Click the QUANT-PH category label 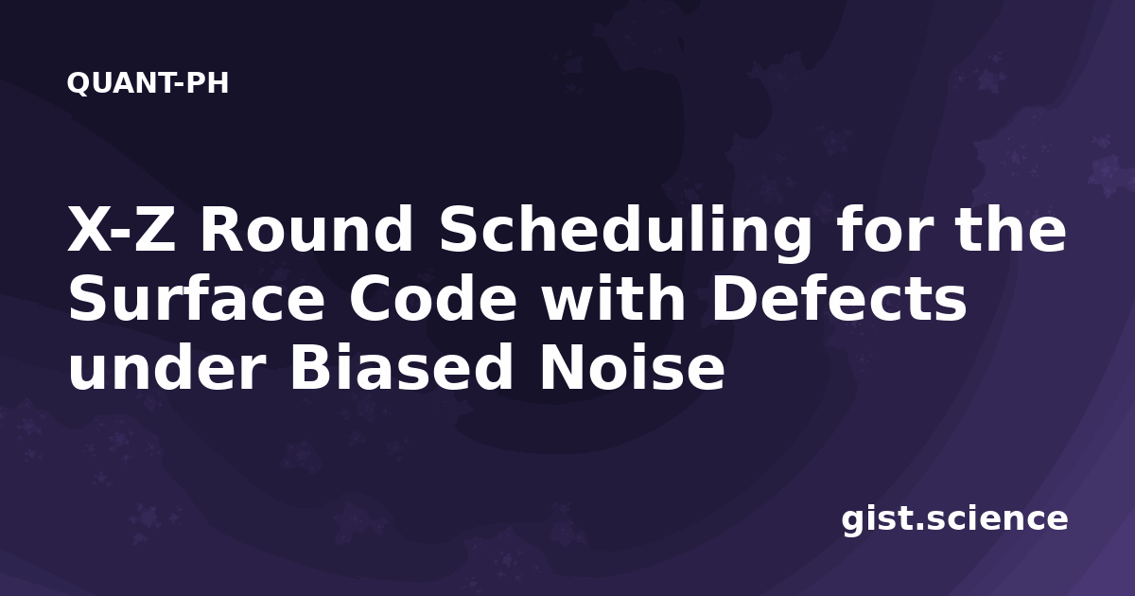coord(148,83)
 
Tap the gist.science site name coord(954,520)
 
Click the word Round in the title coord(306,229)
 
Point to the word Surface coord(197,299)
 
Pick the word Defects coord(840,299)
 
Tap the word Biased coord(401,367)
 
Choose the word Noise coord(632,367)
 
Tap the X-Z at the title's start coord(121,229)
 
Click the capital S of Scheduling coord(460,229)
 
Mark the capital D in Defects coord(735,299)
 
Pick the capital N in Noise coord(562,367)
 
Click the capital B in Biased coord(310,367)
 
